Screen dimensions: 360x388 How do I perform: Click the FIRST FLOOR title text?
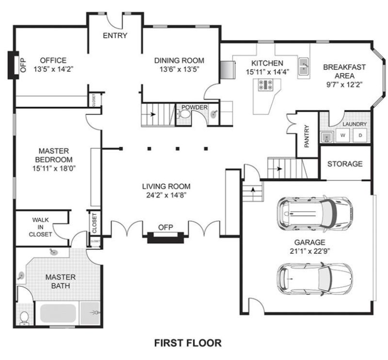pyautogui.click(x=188, y=343)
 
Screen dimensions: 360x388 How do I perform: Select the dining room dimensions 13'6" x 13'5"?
pyautogui.click(x=179, y=69)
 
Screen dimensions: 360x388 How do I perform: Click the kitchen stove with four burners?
pyautogui.click(x=266, y=85)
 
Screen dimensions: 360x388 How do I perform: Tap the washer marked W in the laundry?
pyautogui.click(x=342, y=136)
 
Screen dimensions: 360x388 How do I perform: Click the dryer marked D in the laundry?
pyautogui.click(x=360, y=136)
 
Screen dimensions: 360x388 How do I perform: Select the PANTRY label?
pyautogui.click(x=307, y=136)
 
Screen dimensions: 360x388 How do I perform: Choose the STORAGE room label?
pyautogui.click(x=344, y=164)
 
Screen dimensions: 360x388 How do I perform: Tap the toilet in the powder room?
pyautogui.click(x=184, y=115)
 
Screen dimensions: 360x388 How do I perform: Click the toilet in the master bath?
pyautogui.click(x=24, y=317)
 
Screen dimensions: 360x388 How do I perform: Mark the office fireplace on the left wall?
pyautogui.click(x=13, y=65)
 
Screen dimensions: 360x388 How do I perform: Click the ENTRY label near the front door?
pyautogui.click(x=115, y=35)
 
